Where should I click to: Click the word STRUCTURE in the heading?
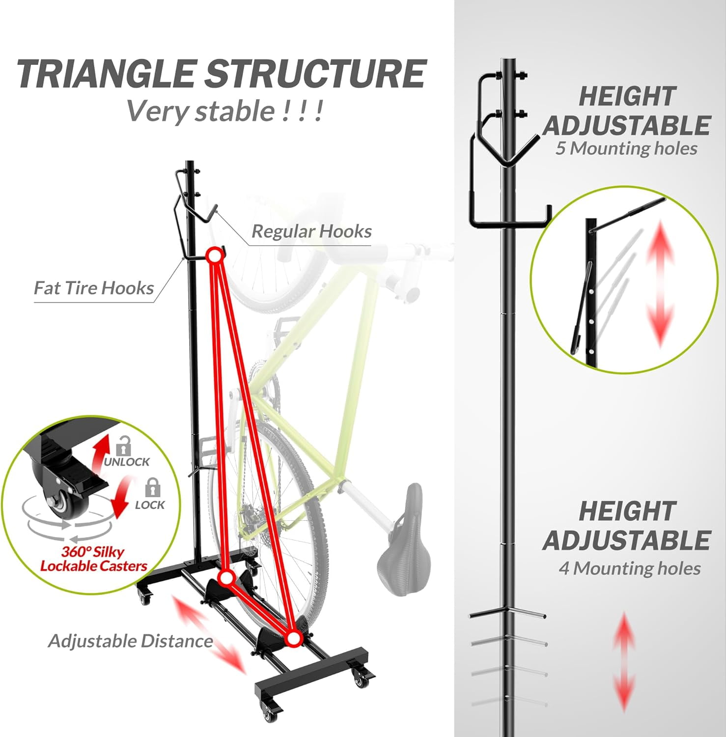point(314,74)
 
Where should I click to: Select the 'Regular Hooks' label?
point(311,231)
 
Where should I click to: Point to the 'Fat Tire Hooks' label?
point(94,288)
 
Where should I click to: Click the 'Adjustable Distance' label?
point(130,641)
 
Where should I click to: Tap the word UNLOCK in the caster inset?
point(127,462)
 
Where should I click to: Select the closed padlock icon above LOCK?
point(153,488)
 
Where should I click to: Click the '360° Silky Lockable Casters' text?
point(93,559)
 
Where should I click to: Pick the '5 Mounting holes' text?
point(626,148)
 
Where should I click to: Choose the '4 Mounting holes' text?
point(629,568)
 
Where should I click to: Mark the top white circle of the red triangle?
point(214,255)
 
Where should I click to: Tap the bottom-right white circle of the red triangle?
point(293,638)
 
